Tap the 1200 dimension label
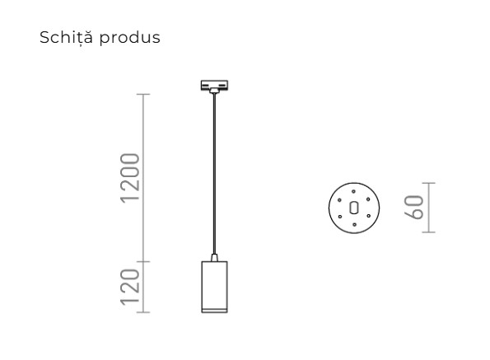pos(129,180)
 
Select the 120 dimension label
pos(129,288)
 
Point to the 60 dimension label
pos(414,206)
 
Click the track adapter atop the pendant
pos(215,86)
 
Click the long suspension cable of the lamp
pos(215,173)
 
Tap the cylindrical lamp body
pos(215,283)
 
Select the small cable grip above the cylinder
pos(215,258)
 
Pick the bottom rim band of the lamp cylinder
pos(215,309)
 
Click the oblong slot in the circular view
pos(354,207)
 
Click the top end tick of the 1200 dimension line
pos(145,95)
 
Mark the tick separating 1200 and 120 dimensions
pos(145,263)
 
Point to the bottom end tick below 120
pos(145,312)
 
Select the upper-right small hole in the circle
pos(366,199)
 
